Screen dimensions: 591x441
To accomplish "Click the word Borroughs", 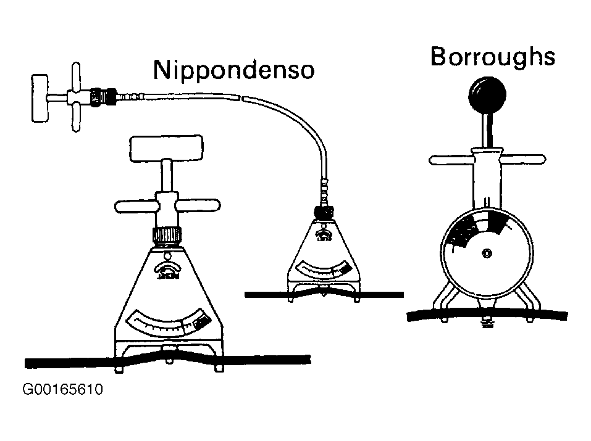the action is [x=492, y=57].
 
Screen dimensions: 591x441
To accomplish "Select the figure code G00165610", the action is [x=62, y=390].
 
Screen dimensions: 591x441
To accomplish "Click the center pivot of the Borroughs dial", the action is [x=487, y=253].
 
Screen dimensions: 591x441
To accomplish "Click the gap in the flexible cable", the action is [x=241, y=97].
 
